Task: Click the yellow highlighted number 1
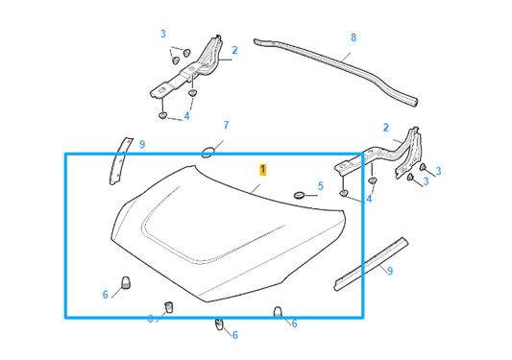click(x=262, y=168)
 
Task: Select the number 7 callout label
click(x=226, y=126)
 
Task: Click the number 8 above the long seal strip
click(x=353, y=38)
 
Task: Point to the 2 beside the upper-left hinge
click(x=233, y=50)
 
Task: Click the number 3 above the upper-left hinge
click(x=163, y=35)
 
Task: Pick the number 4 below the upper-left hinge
click(x=186, y=116)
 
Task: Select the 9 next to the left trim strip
click(x=141, y=145)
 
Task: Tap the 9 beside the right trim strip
click(x=389, y=271)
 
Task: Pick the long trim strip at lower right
click(x=371, y=262)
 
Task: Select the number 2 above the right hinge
click(x=386, y=127)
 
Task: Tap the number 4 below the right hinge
click(x=369, y=200)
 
